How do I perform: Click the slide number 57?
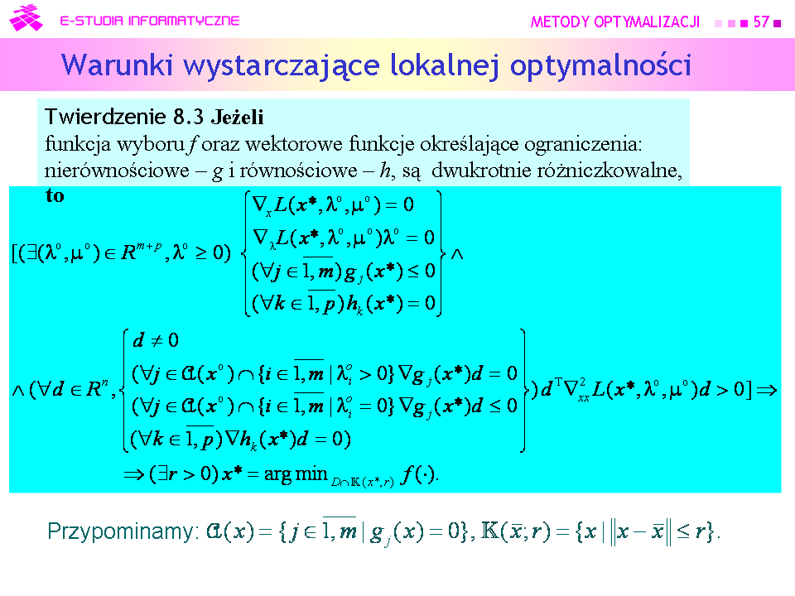click(x=761, y=22)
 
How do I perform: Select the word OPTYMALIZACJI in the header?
click(x=647, y=22)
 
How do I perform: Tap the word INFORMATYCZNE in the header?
click(x=184, y=21)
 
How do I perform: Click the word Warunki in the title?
click(x=117, y=65)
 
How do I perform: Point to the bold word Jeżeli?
click(x=238, y=117)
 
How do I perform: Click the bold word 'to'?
click(x=55, y=195)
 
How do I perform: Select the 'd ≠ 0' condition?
click(x=156, y=340)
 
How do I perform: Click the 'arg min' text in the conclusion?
click(x=296, y=473)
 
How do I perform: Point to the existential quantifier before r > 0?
click(x=162, y=473)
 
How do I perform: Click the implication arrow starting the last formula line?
click(x=134, y=474)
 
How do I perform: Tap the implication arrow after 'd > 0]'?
click(x=766, y=390)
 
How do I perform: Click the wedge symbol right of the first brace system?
click(x=457, y=254)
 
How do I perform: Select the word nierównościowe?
click(x=117, y=171)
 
